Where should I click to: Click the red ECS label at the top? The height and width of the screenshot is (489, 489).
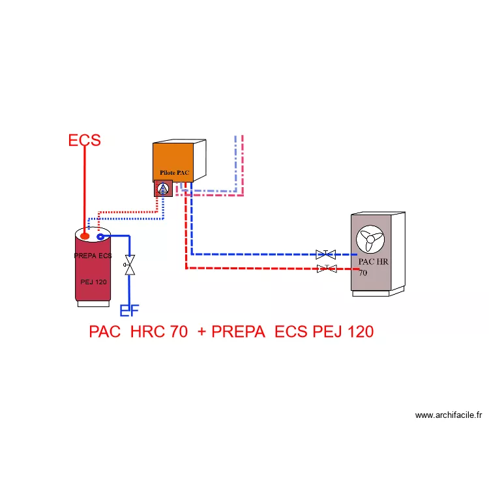85,140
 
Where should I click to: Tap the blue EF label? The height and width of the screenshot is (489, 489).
130,310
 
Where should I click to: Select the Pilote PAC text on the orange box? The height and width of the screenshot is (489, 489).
174,173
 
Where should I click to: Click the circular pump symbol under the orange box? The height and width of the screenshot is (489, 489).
163,188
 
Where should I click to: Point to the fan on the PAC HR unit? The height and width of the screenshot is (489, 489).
370,239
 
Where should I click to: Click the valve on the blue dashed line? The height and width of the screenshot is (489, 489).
325,254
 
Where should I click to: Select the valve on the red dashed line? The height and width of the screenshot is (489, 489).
327,268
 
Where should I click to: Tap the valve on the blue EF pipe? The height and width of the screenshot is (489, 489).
130,265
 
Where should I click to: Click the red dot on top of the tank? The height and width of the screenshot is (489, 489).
85,236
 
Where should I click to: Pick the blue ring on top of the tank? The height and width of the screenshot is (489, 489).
100,237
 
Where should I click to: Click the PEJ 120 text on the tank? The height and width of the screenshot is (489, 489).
93,282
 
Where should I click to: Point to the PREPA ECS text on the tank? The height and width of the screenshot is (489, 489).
93,256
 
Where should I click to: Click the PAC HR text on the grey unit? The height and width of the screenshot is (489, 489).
374,261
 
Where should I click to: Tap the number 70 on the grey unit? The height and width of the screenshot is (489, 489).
363,273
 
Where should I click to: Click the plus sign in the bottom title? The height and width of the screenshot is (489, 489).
201,332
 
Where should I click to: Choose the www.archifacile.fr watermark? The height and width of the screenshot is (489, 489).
449,415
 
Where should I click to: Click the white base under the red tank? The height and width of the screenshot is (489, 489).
93,304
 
